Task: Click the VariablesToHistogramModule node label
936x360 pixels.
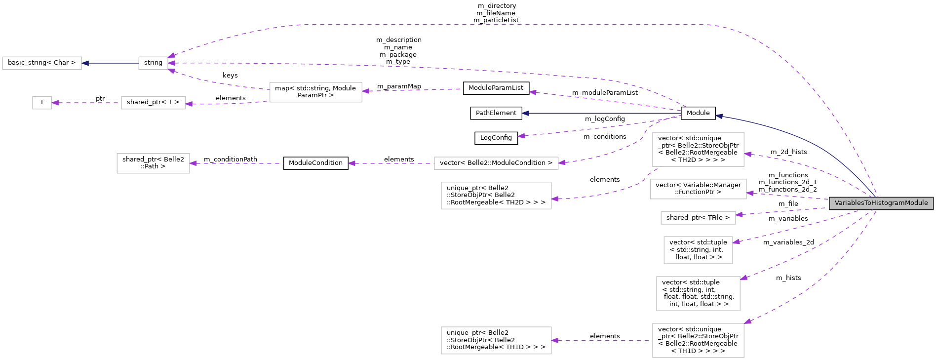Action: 881,203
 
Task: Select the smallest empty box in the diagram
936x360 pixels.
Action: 42,103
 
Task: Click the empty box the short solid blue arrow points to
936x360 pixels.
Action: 42,63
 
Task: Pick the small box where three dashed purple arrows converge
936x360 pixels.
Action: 153,63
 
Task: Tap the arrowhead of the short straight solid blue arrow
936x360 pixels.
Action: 85,63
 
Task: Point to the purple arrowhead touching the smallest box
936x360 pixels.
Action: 55,103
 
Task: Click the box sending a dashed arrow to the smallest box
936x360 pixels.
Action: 153,103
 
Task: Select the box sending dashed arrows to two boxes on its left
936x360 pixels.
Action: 315,92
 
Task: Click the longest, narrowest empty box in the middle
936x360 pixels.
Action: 496,163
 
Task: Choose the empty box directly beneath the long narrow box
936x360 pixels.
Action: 496,196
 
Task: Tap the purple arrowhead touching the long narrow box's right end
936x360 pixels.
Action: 562,162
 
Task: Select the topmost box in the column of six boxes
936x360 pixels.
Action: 698,149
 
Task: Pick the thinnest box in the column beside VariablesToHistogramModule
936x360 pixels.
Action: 698,218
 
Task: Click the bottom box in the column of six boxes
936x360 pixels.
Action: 698,340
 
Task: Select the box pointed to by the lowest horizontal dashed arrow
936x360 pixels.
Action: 496,340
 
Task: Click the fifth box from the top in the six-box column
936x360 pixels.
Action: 698,293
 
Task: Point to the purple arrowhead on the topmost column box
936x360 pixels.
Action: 747,154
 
